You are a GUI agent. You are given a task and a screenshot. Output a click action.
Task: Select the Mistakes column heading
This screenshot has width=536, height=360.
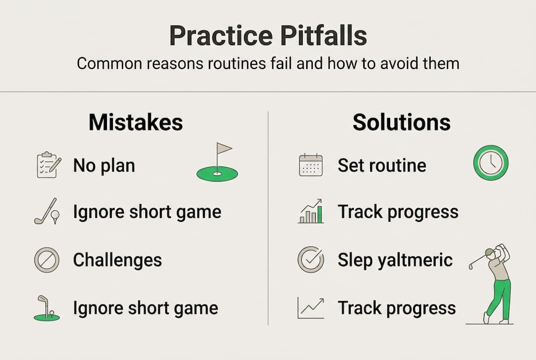click(136, 122)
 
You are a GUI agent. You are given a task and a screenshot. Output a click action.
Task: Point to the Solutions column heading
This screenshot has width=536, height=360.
click(401, 122)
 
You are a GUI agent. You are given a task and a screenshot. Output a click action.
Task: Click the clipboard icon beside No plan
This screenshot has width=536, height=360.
click(48, 164)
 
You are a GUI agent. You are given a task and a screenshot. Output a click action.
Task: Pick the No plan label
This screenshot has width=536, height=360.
click(104, 165)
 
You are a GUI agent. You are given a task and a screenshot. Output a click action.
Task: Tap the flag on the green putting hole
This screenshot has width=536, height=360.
click(223, 149)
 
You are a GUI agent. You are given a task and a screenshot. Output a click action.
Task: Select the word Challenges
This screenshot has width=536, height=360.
click(117, 260)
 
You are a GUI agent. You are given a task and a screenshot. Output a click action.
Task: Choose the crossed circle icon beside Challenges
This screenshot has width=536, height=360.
click(46, 260)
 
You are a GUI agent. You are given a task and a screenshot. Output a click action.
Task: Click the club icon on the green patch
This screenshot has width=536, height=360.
click(46, 308)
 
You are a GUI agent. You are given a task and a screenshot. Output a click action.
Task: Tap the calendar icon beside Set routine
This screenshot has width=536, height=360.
click(311, 165)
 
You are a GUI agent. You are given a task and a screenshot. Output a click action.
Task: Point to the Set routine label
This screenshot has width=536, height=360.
click(382, 165)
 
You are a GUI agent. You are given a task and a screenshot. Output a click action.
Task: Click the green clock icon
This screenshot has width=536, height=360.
click(491, 163)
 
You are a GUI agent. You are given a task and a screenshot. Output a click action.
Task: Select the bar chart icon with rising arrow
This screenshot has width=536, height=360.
click(311, 212)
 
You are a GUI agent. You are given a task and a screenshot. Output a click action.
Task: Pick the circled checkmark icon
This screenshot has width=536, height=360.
click(311, 259)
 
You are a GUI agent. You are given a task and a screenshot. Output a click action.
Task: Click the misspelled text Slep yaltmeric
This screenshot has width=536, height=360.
click(395, 260)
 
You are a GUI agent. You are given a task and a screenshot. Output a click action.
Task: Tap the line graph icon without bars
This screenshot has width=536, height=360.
click(311, 308)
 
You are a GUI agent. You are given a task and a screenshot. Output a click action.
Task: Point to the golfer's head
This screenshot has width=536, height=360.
click(492, 254)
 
